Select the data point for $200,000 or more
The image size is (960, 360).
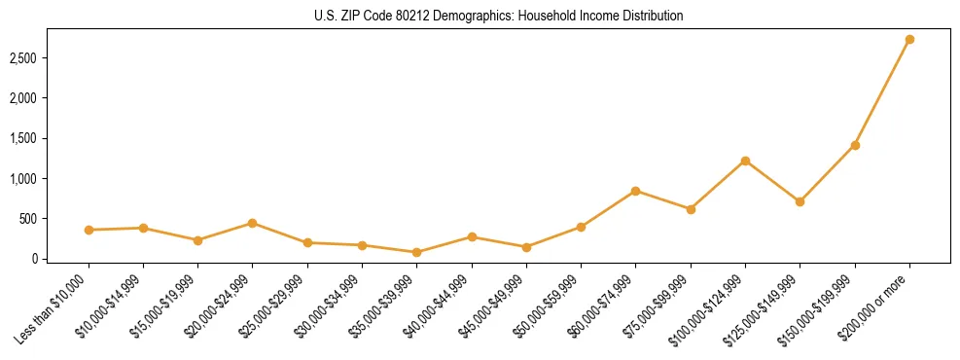click(909, 40)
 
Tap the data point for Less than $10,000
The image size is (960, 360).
click(89, 230)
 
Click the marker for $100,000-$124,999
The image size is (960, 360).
click(745, 161)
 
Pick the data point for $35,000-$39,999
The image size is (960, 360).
click(416, 252)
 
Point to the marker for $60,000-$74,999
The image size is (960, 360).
click(635, 191)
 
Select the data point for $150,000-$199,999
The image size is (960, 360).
click(855, 145)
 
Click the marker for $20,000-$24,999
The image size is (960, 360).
click(252, 223)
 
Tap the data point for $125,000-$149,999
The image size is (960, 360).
click(800, 201)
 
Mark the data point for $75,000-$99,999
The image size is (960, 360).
click(691, 209)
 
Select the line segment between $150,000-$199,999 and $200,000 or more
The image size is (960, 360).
click(882, 92)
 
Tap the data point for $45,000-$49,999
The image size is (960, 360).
click(526, 247)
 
